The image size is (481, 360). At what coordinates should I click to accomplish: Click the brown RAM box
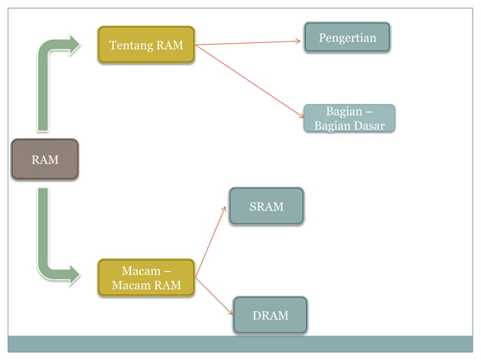tap(44, 159)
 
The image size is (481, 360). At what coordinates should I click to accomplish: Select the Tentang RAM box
tap(146, 45)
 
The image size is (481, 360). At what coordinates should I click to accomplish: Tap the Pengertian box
tap(347, 38)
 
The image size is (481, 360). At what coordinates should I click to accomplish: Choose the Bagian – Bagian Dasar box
tap(349, 119)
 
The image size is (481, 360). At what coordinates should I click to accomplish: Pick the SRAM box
tap(266, 206)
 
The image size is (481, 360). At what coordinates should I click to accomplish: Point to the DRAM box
tap(270, 315)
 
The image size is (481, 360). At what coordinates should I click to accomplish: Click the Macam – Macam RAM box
tap(146, 277)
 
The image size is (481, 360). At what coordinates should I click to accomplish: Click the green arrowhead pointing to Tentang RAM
tap(73, 45)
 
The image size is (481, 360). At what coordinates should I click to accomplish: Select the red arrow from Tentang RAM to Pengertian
tap(249, 43)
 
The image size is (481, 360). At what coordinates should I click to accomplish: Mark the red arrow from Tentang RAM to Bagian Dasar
tap(249, 81)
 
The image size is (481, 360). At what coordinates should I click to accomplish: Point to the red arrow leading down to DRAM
tap(214, 296)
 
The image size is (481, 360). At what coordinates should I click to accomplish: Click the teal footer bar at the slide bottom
tap(240, 343)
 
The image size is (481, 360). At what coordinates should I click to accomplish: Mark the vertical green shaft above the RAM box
tap(44, 94)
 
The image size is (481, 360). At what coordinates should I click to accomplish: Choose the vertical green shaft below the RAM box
tap(44, 226)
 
